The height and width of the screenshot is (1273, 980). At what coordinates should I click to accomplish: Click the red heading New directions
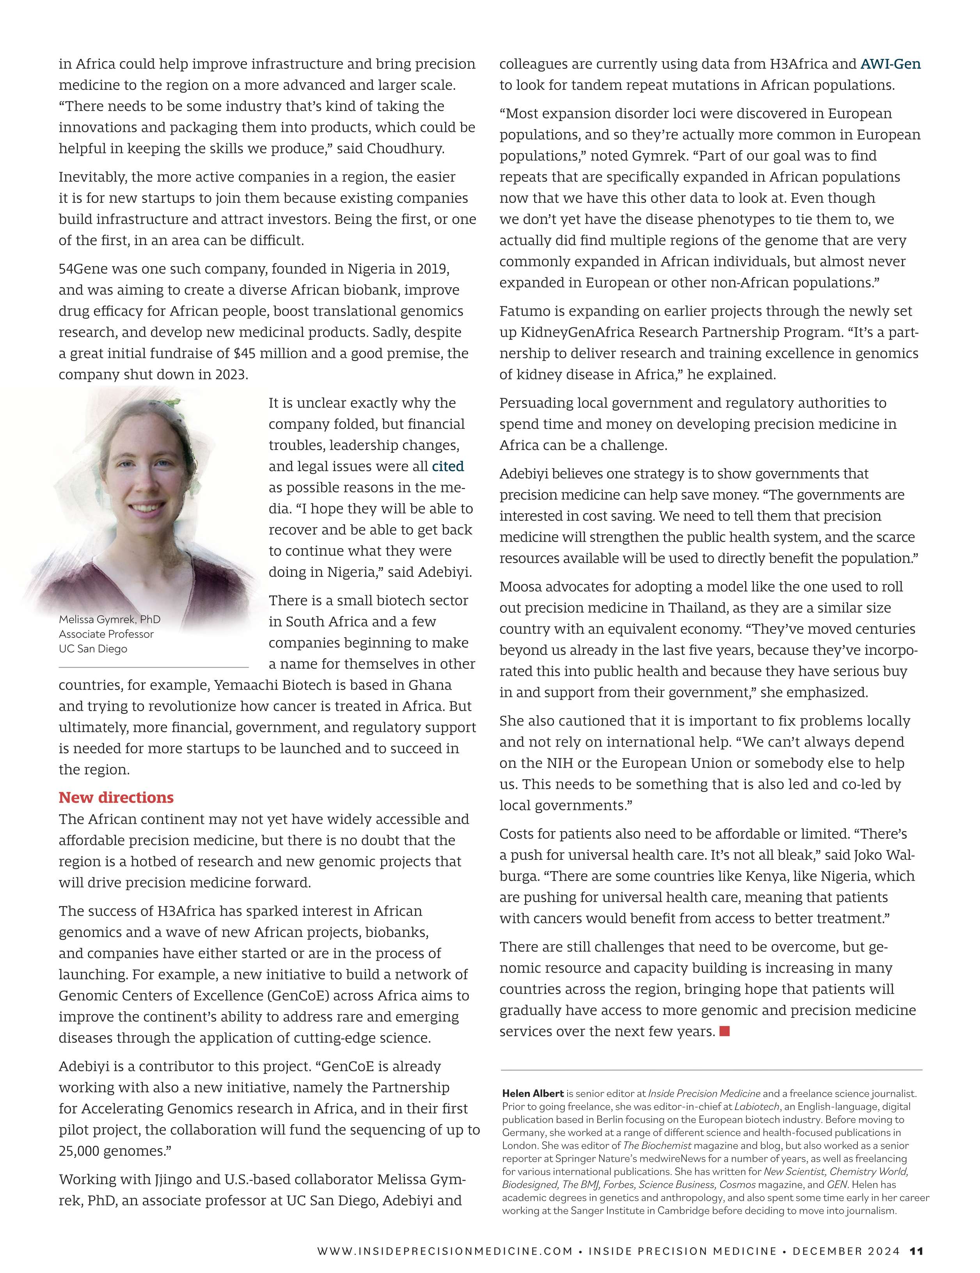coord(116,797)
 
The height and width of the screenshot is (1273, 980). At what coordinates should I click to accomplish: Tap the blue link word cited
coord(447,466)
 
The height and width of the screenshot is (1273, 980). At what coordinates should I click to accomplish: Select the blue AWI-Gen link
coord(890,64)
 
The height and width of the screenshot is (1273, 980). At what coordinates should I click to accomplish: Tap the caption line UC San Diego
coord(92,649)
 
